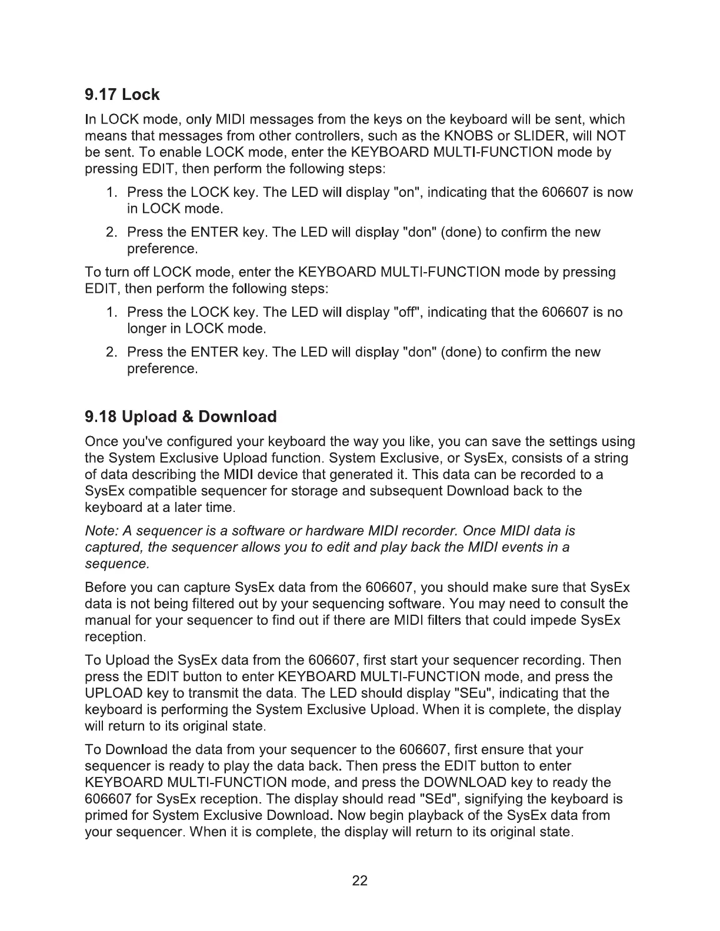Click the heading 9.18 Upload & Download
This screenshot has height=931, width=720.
181,417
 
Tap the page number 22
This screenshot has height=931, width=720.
360,880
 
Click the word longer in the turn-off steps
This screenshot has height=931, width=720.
146,329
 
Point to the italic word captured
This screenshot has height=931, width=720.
114,548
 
